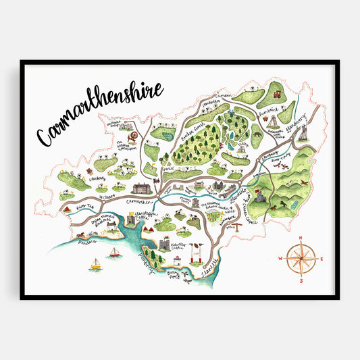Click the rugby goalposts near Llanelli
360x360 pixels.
pos(197,253)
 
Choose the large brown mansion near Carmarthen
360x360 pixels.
pos(143,188)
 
